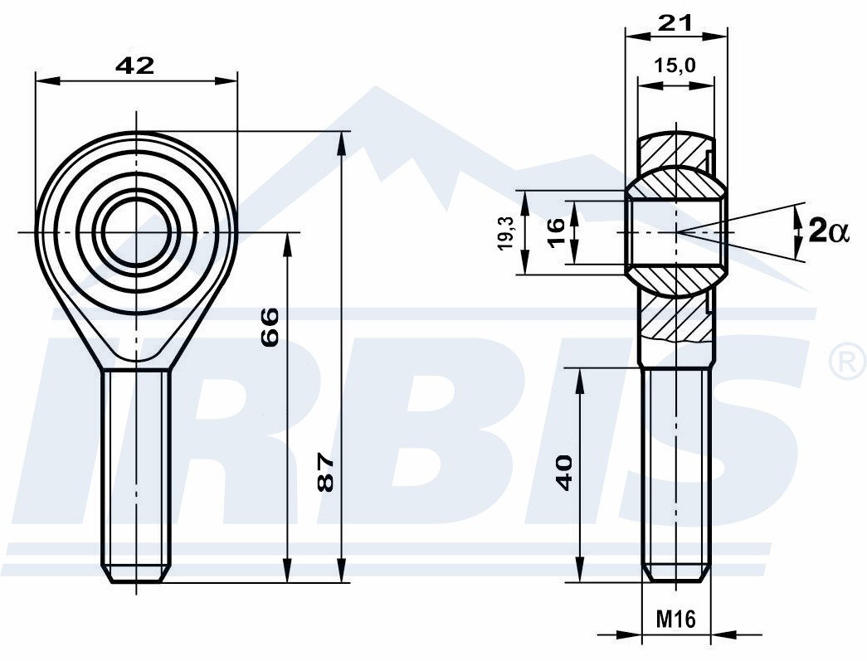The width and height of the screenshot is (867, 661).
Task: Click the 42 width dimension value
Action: click(135, 66)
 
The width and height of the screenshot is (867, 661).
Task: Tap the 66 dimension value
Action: click(270, 328)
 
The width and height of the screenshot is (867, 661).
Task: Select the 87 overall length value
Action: click(326, 473)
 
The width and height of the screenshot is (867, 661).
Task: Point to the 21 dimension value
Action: click(675, 23)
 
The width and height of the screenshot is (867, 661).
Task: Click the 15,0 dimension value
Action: click(675, 66)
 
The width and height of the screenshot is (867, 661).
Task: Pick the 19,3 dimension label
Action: click(506, 233)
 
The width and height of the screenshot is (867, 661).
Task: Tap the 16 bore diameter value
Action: click(556, 233)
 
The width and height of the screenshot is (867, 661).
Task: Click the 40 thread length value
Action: click(565, 473)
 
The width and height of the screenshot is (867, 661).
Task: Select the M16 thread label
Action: click(675, 619)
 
